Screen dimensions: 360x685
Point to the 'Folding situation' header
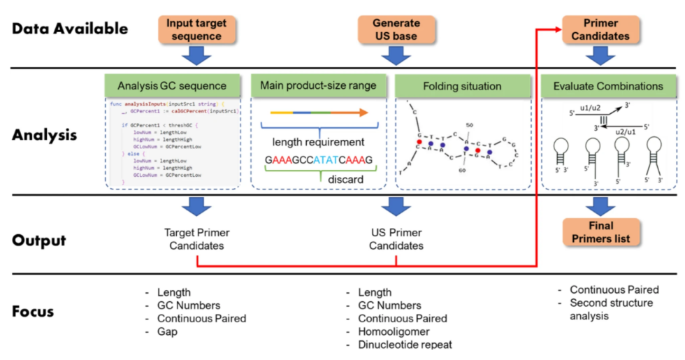tap(462, 86)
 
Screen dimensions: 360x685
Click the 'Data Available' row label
tap(70, 29)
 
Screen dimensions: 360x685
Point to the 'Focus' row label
tap(33, 310)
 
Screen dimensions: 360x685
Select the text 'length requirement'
tap(317, 142)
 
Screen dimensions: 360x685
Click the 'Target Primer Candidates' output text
tap(196, 239)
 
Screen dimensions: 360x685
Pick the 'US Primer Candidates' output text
tap(396, 239)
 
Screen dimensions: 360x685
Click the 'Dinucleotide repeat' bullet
tap(405, 344)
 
